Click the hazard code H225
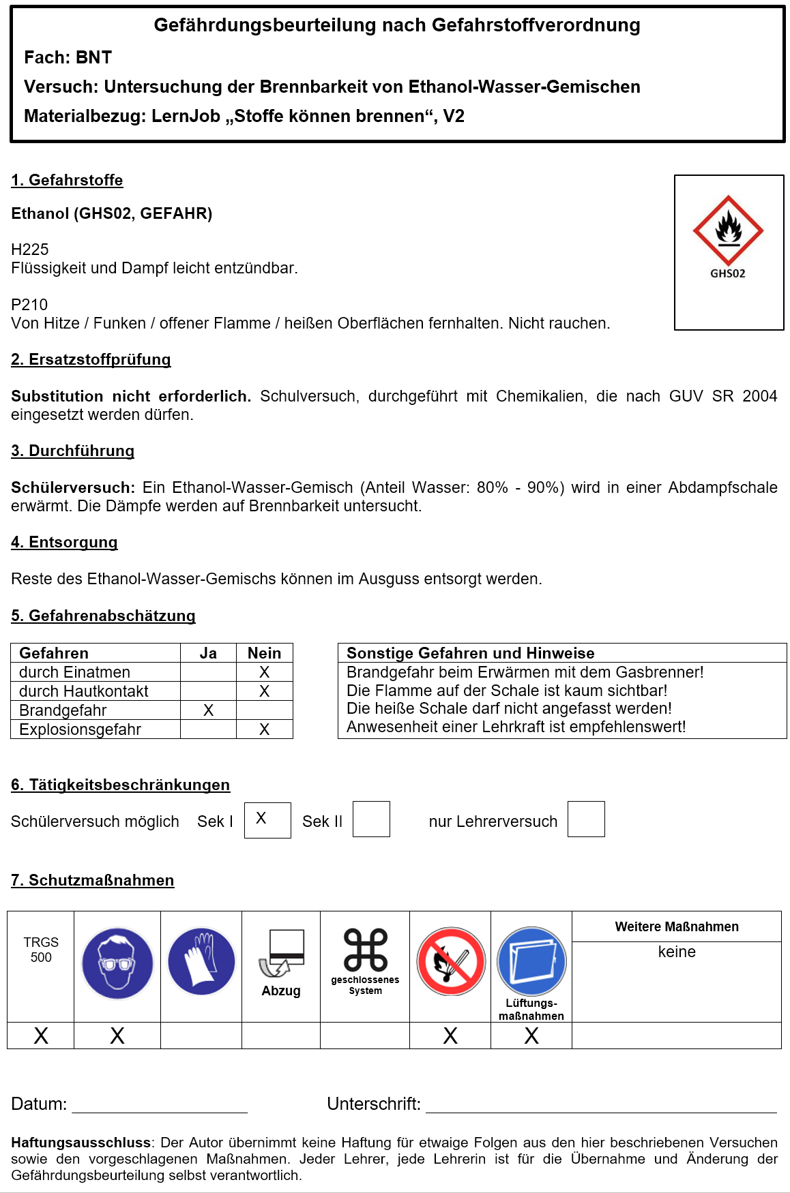(x=30, y=250)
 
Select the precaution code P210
(x=29, y=305)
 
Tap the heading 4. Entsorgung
(x=64, y=543)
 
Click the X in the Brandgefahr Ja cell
(x=209, y=710)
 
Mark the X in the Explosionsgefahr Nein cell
(x=265, y=729)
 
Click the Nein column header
(x=265, y=653)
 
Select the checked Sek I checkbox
(x=267, y=819)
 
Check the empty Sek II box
(x=371, y=819)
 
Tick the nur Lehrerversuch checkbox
(x=586, y=819)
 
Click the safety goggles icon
(x=117, y=963)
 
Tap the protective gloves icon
(x=201, y=961)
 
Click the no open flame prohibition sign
(x=451, y=961)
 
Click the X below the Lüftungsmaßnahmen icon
(x=531, y=1036)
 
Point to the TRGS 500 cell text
(x=41, y=950)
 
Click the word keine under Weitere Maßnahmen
(x=677, y=952)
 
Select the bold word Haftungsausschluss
(x=81, y=1143)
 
